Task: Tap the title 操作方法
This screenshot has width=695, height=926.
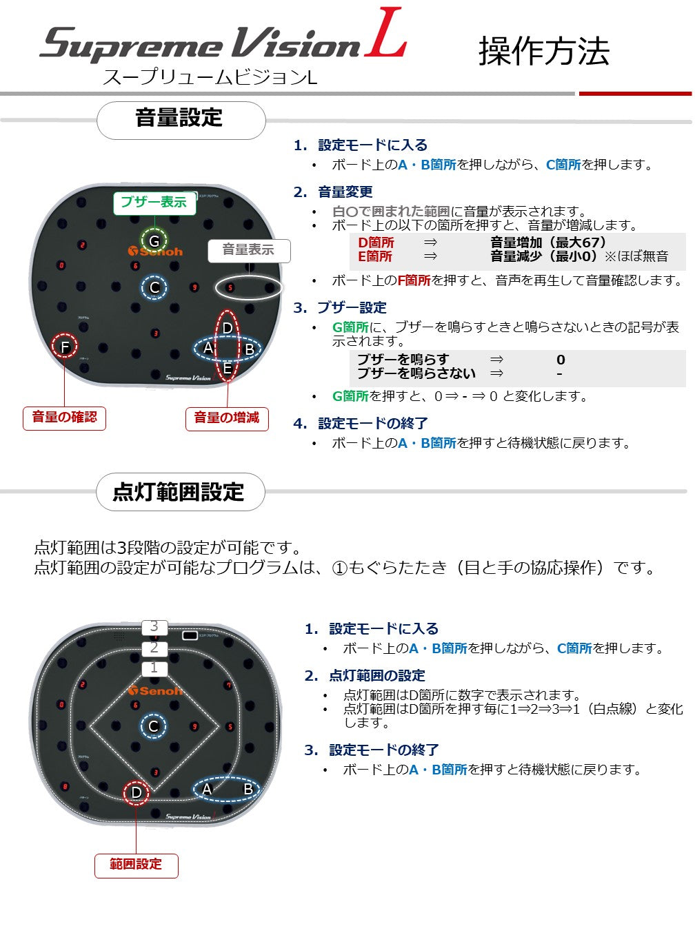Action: click(544, 52)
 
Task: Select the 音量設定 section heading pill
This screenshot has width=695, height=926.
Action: click(181, 121)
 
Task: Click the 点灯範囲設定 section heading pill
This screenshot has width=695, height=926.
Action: click(180, 491)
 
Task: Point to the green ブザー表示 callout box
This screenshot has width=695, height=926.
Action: click(154, 203)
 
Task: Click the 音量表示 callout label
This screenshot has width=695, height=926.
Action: click(249, 251)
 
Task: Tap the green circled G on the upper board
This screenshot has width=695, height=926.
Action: click(154, 241)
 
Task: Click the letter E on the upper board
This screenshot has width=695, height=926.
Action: click(228, 369)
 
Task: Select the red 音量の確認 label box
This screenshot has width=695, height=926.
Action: click(64, 418)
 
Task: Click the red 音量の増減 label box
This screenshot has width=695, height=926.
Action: click(227, 418)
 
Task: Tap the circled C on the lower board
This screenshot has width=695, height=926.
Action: click(154, 726)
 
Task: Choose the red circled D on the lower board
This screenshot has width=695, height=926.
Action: click(136, 792)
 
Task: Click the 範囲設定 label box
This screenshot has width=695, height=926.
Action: click(136, 865)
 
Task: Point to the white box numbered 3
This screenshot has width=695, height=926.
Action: click(154, 626)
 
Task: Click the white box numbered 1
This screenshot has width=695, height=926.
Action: click(154, 668)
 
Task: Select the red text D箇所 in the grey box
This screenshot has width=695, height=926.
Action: click(376, 243)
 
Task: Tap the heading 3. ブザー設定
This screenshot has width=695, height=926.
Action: click(340, 307)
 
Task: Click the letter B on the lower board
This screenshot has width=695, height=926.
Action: click(248, 788)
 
